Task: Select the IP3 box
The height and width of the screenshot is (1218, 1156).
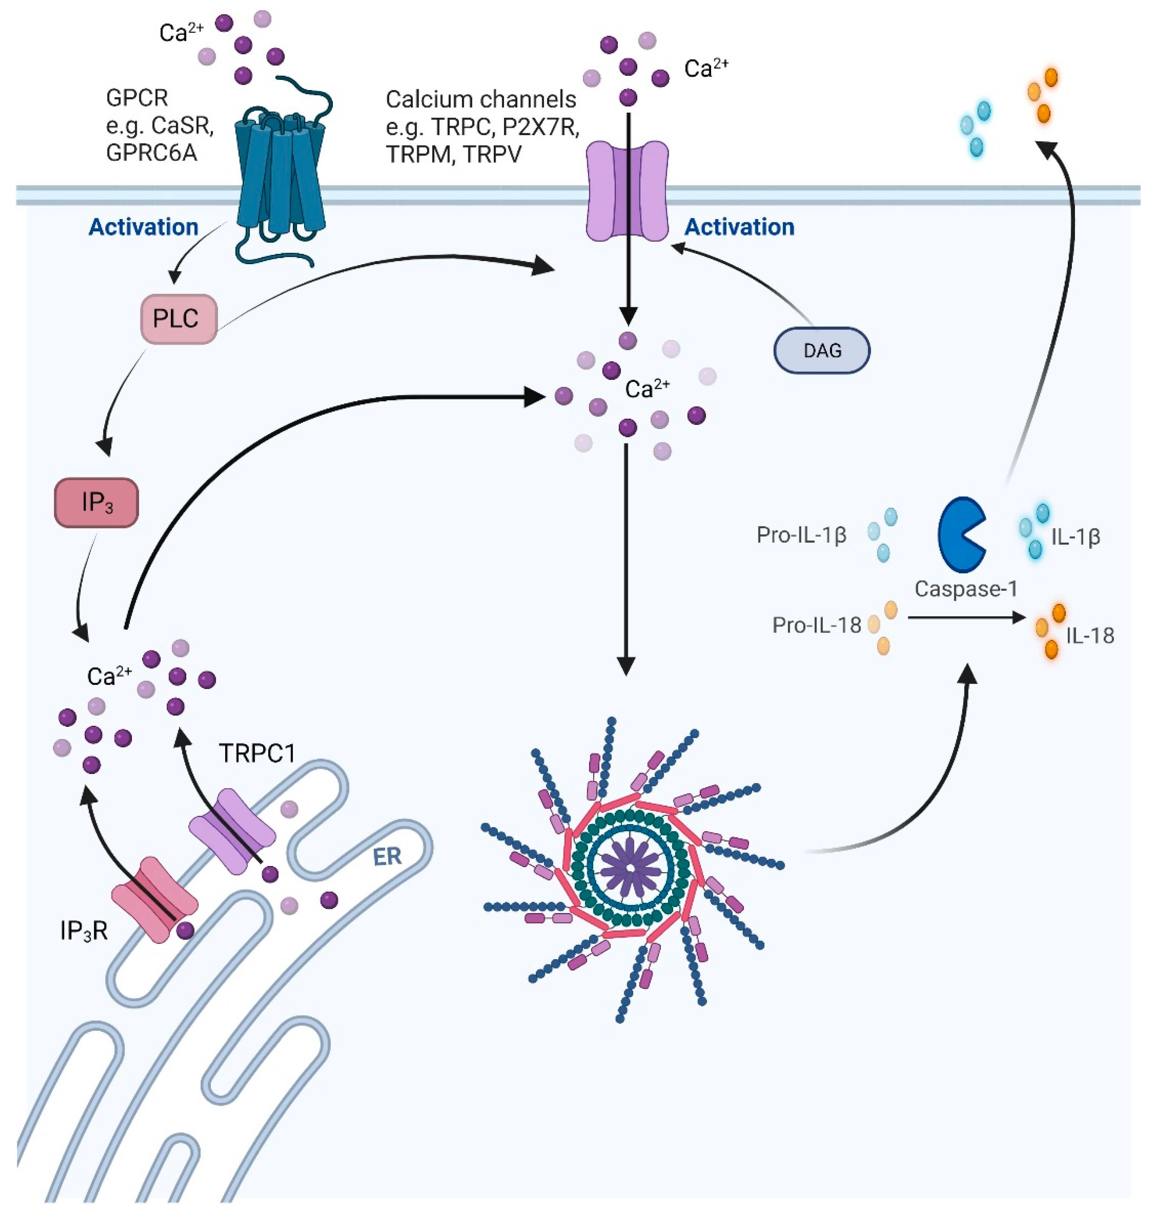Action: [97, 502]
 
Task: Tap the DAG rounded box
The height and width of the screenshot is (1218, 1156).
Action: [821, 350]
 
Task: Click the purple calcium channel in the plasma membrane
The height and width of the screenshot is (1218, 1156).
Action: [627, 191]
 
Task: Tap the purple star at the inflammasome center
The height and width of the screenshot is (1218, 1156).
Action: [630, 867]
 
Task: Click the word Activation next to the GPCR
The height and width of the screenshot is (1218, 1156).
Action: [143, 227]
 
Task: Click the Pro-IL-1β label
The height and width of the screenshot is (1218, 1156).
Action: [801, 535]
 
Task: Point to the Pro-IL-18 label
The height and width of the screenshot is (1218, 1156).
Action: [816, 625]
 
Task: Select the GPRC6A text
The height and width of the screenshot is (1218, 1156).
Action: [151, 152]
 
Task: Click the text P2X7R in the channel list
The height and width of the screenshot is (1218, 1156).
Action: [540, 127]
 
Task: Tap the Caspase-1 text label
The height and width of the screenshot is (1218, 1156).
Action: [966, 589]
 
